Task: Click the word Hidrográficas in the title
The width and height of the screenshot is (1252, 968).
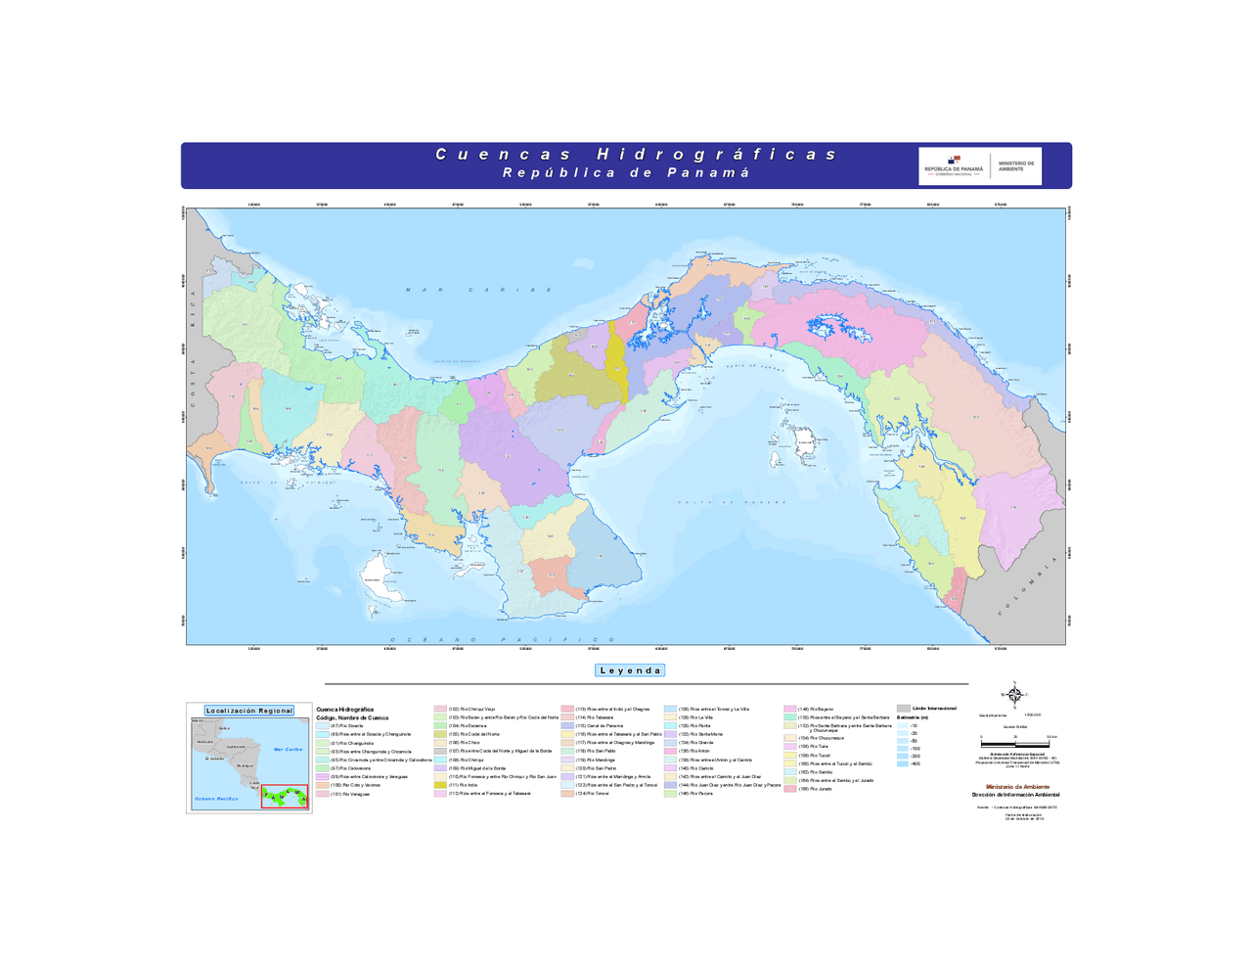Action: pos(717,155)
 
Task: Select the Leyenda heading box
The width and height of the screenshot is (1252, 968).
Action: pos(630,670)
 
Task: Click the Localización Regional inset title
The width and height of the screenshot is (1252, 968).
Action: pos(248,711)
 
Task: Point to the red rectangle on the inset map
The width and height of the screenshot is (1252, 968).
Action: pos(285,796)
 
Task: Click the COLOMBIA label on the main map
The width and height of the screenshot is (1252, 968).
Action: pos(1028,586)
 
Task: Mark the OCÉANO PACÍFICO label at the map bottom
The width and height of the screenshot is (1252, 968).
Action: pos(504,640)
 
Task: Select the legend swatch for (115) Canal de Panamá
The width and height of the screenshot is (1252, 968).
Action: pos(567,726)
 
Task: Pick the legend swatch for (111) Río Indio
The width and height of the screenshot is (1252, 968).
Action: pos(440,785)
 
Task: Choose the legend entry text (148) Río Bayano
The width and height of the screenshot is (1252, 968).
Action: pos(816,709)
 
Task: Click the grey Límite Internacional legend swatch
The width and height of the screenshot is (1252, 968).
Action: pos(903,708)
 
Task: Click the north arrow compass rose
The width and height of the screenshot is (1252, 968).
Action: pos(1014,695)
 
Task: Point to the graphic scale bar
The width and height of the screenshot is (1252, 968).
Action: pos(1015,745)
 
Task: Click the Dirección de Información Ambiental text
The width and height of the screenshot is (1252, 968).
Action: pos(1015,795)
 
